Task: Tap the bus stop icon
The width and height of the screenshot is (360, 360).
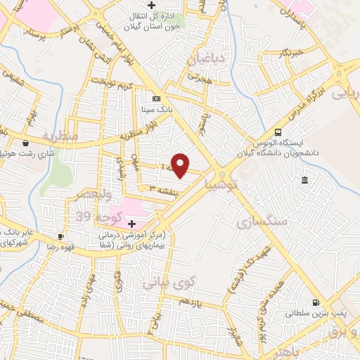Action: coord(278,131)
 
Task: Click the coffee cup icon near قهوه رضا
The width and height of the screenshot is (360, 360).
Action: coord(61,236)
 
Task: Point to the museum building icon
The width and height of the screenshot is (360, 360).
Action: coord(304,181)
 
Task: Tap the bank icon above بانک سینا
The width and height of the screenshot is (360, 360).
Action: coord(156,98)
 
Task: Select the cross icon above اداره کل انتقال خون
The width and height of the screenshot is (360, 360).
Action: coord(151,6)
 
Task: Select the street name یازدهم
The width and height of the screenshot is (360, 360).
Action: coord(190,303)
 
